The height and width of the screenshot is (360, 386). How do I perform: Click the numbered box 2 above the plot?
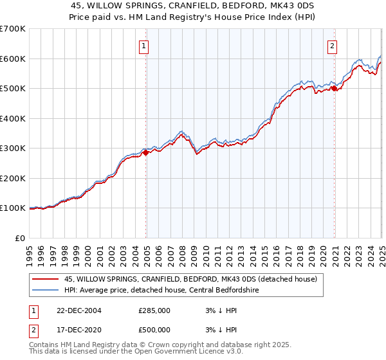(332, 46)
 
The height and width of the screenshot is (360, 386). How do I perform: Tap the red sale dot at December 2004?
(146, 153)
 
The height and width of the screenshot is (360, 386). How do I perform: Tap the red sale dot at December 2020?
(334, 89)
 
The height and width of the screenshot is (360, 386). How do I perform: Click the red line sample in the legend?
(46, 280)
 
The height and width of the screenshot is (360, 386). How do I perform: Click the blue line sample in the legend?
(46, 291)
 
